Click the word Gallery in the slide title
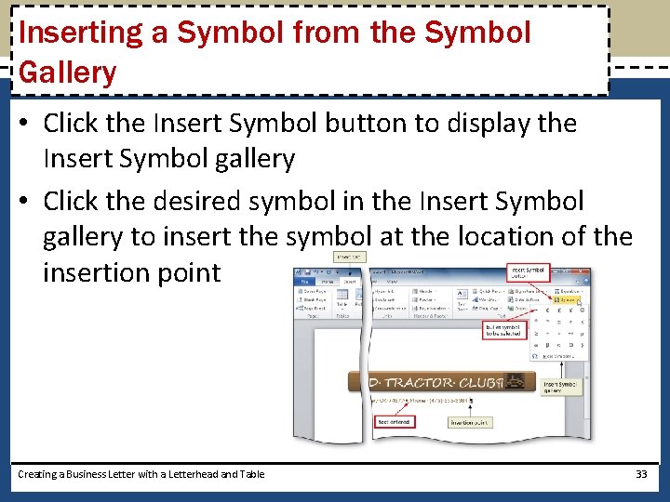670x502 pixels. tap(67, 73)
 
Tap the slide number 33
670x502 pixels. tap(640, 474)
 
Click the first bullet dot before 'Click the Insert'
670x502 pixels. tap(26, 124)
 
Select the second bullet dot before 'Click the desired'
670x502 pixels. tap(26, 202)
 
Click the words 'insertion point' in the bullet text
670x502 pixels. tap(131, 272)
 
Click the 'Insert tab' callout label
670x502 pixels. tap(349, 258)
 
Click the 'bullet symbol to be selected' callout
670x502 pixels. tap(504, 332)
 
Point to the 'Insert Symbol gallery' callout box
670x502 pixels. tap(561, 389)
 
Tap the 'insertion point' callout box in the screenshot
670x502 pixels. tap(470, 422)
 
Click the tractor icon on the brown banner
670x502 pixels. tap(514, 381)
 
